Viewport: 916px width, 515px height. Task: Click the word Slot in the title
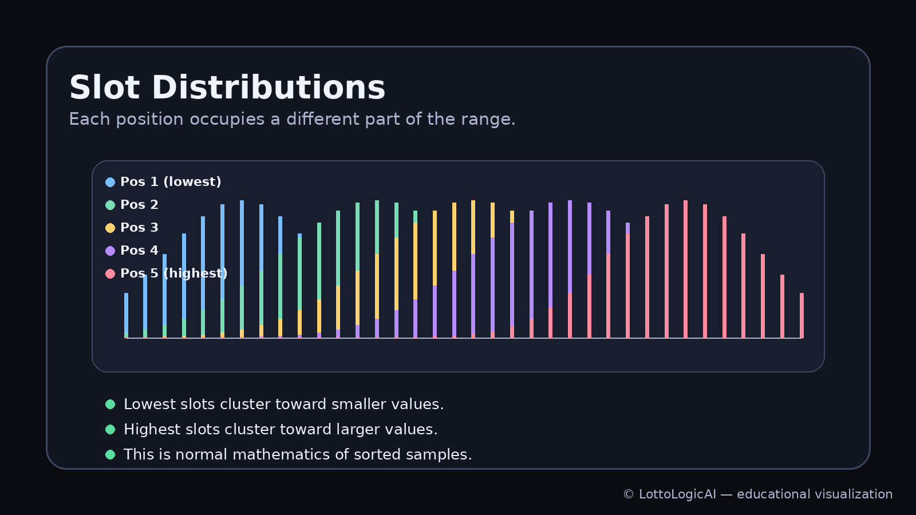(x=104, y=88)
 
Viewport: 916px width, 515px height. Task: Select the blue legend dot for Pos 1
(x=110, y=182)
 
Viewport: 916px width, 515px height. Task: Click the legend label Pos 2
(x=139, y=205)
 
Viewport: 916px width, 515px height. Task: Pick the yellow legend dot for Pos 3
(x=110, y=228)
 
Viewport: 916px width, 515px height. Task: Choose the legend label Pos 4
(x=139, y=251)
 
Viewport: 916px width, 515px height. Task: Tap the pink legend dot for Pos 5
(x=110, y=274)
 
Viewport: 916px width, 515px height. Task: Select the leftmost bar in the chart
(x=126, y=315)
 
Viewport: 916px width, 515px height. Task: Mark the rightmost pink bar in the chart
(x=801, y=315)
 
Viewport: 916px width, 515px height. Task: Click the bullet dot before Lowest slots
(x=110, y=404)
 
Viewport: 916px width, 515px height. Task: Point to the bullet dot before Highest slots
(x=110, y=429)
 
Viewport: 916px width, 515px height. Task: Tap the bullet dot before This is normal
(x=110, y=454)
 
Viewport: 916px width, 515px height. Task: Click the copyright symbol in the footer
(x=628, y=494)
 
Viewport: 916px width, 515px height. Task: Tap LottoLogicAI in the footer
(x=677, y=494)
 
